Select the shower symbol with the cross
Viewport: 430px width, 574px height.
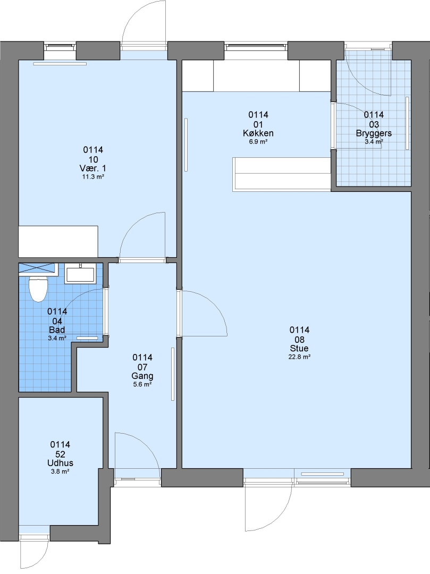click(38, 267)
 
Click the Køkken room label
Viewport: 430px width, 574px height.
click(258, 133)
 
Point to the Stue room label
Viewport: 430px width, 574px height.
click(299, 349)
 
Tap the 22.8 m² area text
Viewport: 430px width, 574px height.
click(299, 357)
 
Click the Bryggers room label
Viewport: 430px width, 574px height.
click(374, 133)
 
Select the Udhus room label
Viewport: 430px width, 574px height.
click(60, 463)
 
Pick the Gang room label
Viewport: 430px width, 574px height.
click(142, 376)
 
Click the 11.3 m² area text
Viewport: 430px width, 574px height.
click(93, 177)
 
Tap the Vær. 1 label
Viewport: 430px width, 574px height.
click(93, 168)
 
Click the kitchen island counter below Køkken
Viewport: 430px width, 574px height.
click(282, 174)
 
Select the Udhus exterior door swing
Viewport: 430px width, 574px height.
click(34, 554)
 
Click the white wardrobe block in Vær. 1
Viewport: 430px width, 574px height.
click(58, 241)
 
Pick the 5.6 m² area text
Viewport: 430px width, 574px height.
click(142, 385)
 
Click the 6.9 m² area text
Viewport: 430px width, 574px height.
click(258, 142)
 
